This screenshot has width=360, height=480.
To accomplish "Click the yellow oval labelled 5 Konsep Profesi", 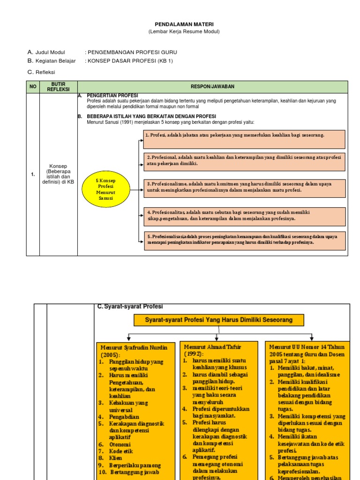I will (105, 189).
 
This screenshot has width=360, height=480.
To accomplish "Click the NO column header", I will (33, 87).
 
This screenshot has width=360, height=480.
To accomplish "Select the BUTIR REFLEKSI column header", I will (58, 87).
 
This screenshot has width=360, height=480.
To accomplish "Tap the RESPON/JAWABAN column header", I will (212, 87).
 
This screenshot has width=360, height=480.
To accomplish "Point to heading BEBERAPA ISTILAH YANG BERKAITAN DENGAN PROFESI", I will (151, 116).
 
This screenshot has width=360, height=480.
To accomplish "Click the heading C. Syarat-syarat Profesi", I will (130, 306).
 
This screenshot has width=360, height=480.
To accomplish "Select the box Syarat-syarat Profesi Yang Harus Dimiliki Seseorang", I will (219, 320).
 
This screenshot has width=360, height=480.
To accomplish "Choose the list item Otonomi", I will (120, 444).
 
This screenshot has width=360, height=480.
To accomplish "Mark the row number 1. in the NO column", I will (33, 174).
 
